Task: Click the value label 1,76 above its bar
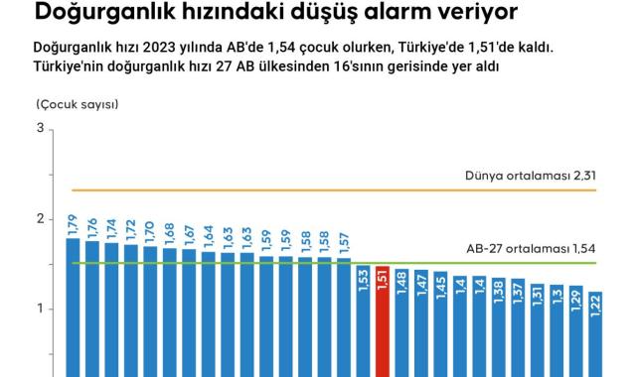[92, 228]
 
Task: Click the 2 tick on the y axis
[39, 219]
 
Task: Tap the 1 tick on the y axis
[39, 309]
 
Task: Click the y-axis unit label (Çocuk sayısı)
[77, 104]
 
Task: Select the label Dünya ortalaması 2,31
[530, 177]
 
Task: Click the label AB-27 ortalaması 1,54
[531, 249]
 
